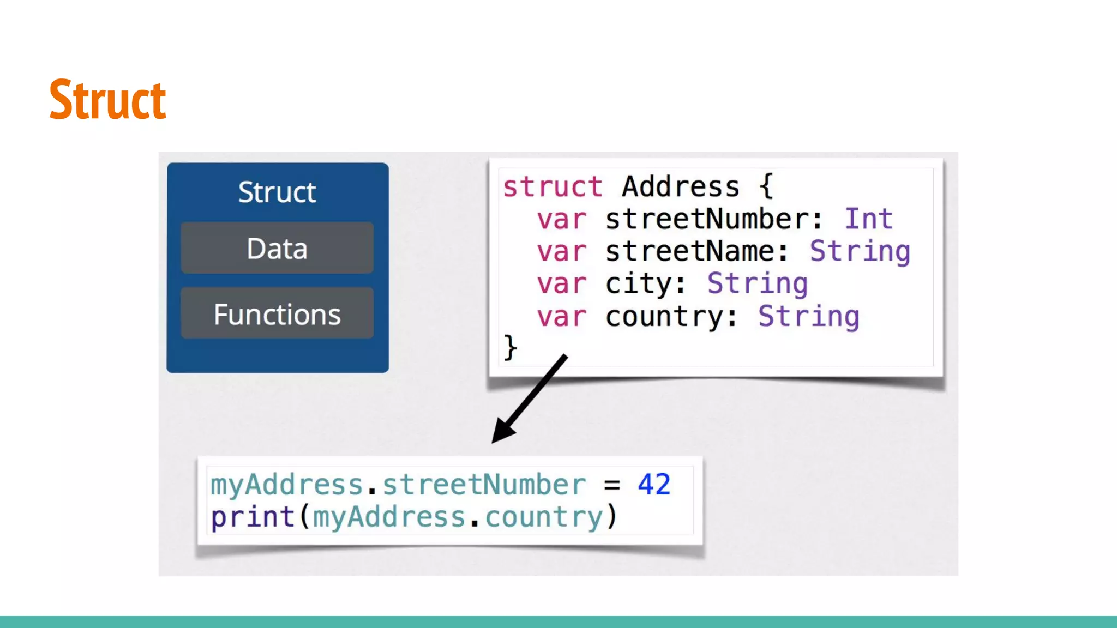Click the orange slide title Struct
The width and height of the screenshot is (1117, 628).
[x=107, y=100]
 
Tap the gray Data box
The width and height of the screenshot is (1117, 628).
[x=277, y=248]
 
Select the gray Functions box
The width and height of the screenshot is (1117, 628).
[x=277, y=314]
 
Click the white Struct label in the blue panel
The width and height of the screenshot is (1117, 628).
[x=277, y=192]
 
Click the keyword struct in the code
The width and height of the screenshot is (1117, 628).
[x=553, y=187]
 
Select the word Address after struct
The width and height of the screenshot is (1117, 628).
[x=681, y=187]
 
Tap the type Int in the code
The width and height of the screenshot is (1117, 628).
[x=868, y=219]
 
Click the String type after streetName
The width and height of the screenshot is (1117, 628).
[x=860, y=251]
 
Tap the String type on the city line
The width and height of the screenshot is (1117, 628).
[x=758, y=284]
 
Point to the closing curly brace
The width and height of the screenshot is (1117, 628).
[x=511, y=347]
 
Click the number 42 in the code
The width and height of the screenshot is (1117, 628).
[x=654, y=484]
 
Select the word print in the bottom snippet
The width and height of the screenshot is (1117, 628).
[x=253, y=517]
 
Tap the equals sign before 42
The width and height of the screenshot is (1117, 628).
[x=612, y=485]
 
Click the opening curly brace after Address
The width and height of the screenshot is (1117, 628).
[x=766, y=187]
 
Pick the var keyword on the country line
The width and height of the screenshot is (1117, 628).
[x=561, y=317]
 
